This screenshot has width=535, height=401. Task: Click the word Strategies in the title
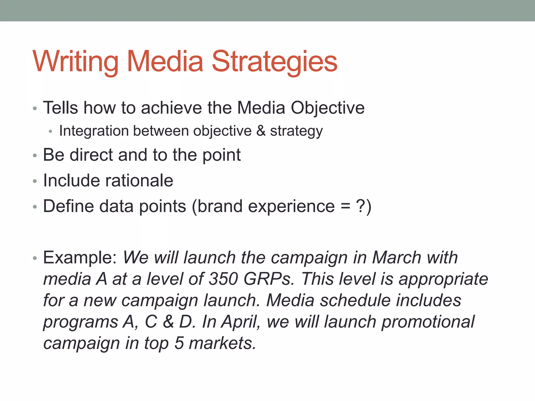pos(275,62)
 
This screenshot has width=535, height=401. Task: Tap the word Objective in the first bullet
pos(328,108)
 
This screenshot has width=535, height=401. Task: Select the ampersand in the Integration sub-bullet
pos(261,131)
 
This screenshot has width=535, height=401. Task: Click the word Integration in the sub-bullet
pos(94,131)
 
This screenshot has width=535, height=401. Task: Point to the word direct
pos(91,155)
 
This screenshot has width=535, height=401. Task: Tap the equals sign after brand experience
pos(345,206)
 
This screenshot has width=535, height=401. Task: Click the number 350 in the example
pos(224,279)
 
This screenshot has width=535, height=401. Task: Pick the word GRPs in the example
pos(269,279)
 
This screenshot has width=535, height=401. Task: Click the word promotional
pos(428,322)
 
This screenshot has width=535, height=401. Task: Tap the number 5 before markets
pos(179,343)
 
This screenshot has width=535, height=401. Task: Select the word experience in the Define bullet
pos(291,206)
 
